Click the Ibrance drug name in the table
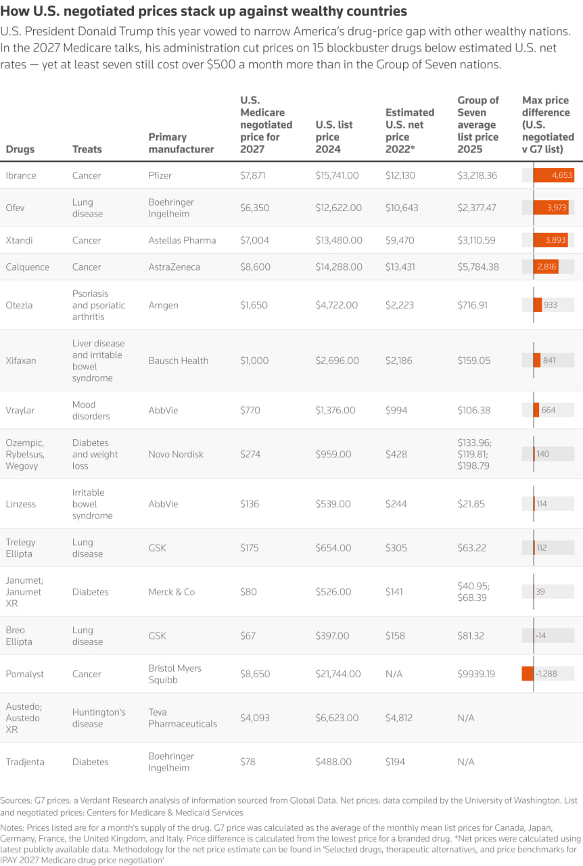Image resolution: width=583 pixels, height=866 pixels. (x=21, y=175)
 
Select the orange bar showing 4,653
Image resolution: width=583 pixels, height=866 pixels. (x=553, y=175)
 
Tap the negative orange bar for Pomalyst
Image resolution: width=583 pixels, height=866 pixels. (x=528, y=674)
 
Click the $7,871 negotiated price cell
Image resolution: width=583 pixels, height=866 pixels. (x=255, y=175)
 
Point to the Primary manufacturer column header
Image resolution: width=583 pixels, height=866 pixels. (x=181, y=143)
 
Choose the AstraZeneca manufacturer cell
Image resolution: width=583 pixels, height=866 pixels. (x=174, y=267)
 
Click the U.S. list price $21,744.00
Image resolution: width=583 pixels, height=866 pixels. (x=338, y=674)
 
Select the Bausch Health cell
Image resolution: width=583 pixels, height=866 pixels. (x=178, y=361)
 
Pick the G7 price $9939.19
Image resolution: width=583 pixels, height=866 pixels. (x=477, y=674)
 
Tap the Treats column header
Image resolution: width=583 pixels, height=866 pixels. (x=87, y=149)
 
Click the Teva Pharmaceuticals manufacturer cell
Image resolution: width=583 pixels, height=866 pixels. (x=183, y=718)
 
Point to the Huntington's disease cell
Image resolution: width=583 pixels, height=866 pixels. (x=99, y=718)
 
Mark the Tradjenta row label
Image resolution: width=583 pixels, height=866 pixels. (x=25, y=762)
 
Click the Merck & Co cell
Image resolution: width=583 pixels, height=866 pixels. (x=171, y=592)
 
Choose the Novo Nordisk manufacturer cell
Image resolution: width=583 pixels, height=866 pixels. (x=176, y=454)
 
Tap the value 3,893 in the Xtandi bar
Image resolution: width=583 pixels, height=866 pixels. (x=555, y=240)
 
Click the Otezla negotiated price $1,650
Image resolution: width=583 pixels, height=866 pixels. (x=255, y=305)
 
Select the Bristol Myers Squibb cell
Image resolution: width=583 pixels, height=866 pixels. (x=174, y=674)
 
